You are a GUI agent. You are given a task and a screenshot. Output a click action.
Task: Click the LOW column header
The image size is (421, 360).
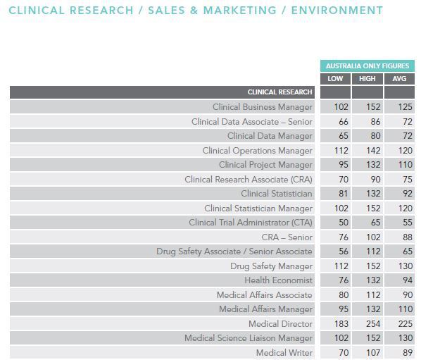335,79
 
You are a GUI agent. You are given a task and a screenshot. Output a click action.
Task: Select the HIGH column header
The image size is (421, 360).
367,79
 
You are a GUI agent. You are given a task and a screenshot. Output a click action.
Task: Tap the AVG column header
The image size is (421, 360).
399,79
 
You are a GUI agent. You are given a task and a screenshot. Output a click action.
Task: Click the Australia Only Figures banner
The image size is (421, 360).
367,66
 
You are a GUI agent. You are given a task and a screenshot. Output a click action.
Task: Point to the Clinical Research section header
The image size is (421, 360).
279,92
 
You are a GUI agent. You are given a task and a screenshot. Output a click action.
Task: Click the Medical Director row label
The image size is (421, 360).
280,324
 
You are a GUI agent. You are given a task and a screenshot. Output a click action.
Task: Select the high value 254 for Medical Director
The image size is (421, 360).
373,324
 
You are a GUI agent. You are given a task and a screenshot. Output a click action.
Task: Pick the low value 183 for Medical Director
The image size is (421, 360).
341,324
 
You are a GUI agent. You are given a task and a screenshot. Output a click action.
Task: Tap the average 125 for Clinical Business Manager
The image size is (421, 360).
405,107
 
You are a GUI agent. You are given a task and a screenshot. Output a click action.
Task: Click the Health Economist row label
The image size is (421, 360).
278,280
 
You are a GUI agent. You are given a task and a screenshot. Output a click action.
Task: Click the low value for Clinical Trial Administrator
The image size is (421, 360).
344,223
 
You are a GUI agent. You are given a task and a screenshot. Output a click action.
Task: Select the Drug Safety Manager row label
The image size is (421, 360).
271,266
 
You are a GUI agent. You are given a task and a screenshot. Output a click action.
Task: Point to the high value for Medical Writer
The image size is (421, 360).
373,352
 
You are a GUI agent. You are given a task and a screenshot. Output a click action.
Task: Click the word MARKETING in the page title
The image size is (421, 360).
240,11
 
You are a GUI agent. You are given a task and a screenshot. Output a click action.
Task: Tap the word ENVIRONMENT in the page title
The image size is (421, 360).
337,11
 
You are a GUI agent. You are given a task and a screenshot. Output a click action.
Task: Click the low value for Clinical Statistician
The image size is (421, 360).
344,194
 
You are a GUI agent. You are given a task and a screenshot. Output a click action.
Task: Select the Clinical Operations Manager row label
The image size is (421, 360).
257,151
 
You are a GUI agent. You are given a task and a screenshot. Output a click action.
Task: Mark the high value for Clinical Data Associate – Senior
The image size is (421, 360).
375,122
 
